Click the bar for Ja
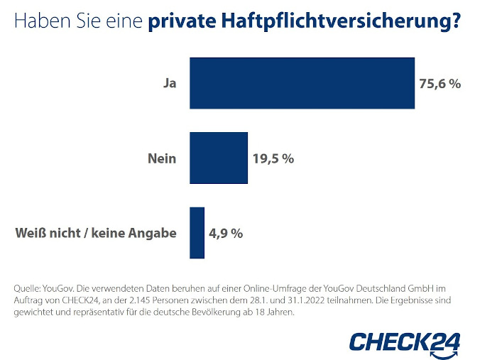point(302,83)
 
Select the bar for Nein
point(219,158)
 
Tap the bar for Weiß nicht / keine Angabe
point(197,233)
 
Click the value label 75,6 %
point(440,84)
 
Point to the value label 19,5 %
point(273,158)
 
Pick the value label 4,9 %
point(226,233)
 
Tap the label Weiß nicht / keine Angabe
point(95,233)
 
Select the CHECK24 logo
point(404,340)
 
